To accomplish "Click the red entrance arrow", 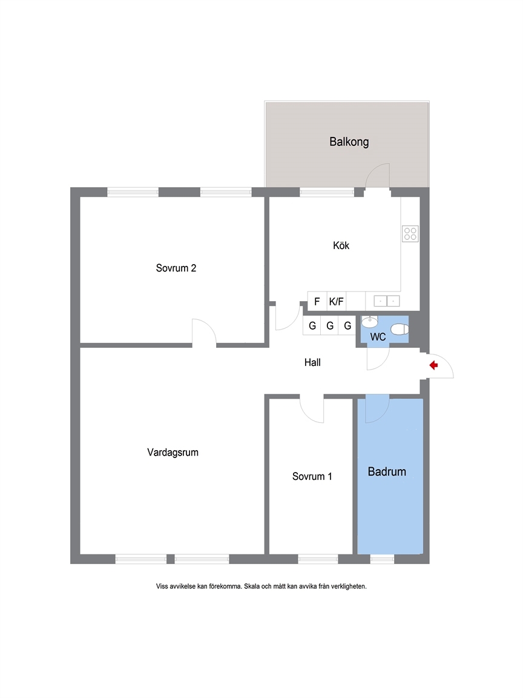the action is [433, 365].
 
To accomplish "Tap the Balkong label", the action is [349, 142].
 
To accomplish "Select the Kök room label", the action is [341, 245].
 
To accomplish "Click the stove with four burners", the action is [410, 234].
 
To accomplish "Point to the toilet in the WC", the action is [400, 330].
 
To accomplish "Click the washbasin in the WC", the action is [370, 321].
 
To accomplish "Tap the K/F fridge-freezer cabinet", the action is [336, 301].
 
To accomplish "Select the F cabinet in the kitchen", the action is [317, 301].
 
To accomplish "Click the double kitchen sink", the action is [386, 301].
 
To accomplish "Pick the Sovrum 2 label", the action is [176, 268].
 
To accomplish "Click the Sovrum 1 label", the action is [312, 476].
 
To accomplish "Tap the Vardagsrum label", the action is [173, 452].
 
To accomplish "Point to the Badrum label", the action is [387, 471].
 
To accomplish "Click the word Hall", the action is [312, 362].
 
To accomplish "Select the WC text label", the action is [378, 337].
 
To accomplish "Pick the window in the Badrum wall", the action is [382, 559].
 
